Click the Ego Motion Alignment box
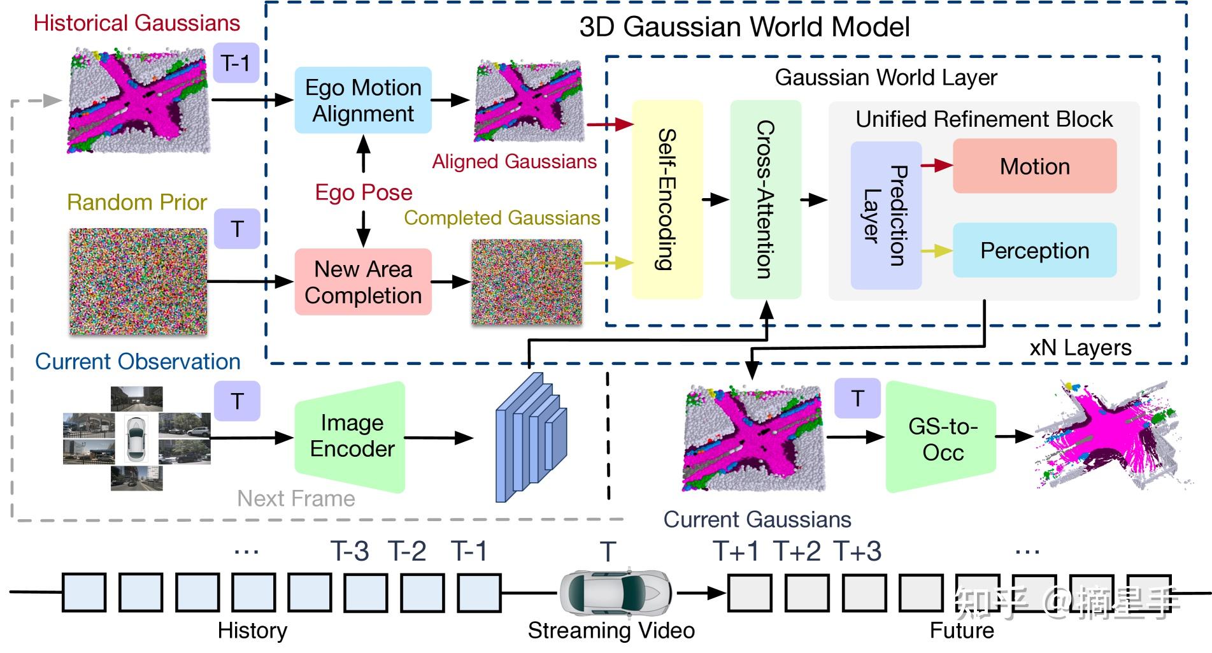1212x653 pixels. (x=363, y=100)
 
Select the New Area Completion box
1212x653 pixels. (x=363, y=282)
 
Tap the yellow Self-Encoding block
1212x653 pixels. (x=667, y=199)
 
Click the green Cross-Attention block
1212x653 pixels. (x=765, y=199)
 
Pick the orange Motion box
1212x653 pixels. (x=1034, y=166)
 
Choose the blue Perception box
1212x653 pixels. (x=1034, y=250)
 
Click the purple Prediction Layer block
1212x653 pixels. (x=886, y=215)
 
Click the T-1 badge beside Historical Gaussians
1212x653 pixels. (x=236, y=63)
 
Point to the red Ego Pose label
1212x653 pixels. (x=364, y=192)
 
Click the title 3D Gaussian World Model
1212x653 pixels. (x=744, y=27)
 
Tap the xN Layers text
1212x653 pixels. (x=1080, y=348)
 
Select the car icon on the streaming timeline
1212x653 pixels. (x=615, y=592)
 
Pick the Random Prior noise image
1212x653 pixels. (x=138, y=281)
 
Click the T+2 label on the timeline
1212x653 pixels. (x=797, y=551)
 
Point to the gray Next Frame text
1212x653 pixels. (x=296, y=498)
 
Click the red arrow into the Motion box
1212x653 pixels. (x=937, y=166)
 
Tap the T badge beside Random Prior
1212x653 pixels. (x=237, y=229)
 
